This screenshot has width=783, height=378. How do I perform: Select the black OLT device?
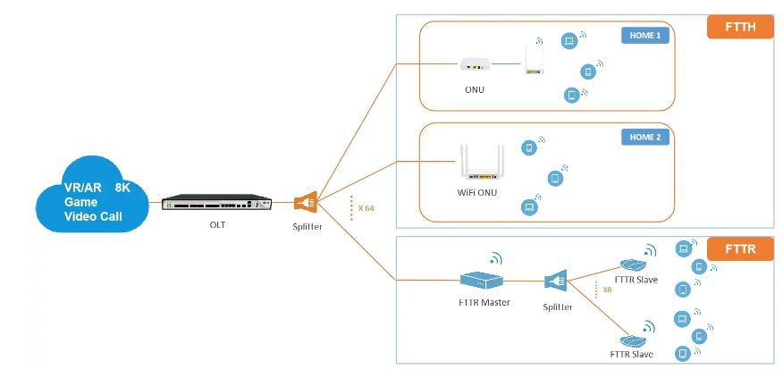tap(215, 203)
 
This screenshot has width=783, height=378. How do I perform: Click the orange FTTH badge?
tap(740, 27)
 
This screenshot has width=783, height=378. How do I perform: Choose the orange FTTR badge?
tap(740, 248)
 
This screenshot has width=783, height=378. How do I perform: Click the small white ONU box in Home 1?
tap(475, 64)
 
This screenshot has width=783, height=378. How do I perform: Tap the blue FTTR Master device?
tap(483, 281)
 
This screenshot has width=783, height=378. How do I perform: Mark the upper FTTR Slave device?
tap(633, 265)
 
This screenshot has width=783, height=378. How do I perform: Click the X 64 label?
tap(366, 208)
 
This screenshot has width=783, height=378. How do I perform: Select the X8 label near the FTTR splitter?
tap(607, 290)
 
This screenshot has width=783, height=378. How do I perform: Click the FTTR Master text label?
tap(484, 302)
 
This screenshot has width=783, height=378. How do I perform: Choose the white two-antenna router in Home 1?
tap(535, 60)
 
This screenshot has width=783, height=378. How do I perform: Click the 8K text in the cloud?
tap(122, 188)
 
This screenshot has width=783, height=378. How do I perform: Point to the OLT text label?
tap(217, 224)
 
